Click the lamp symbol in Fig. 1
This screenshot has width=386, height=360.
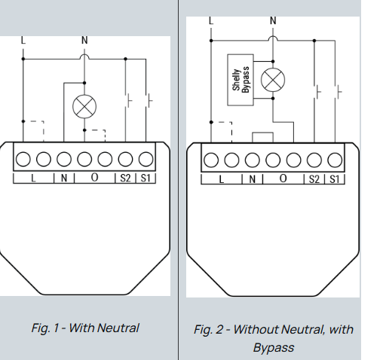tap(84, 106)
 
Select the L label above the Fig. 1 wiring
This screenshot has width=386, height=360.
tap(23, 40)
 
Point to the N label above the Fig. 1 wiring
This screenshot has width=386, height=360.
tap(84, 40)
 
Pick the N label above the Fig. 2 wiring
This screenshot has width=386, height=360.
tap(272, 20)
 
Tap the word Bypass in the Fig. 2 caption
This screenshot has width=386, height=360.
tap(273, 348)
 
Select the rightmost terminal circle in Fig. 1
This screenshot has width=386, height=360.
tap(146, 159)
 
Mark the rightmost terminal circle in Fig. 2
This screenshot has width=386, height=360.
tap(335, 160)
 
